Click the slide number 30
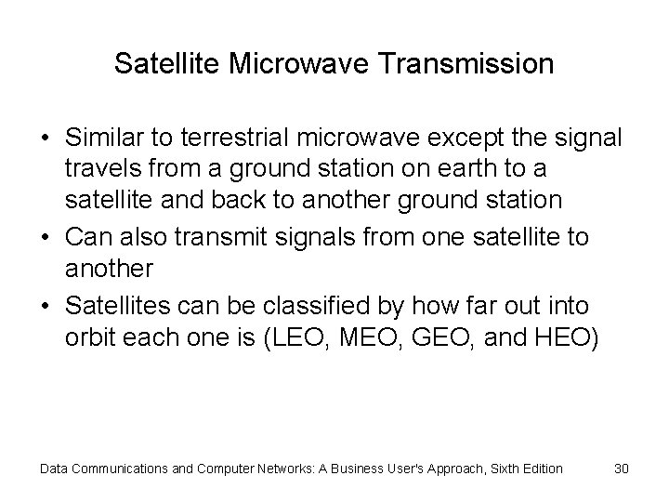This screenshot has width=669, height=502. pyautogui.click(x=622, y=469)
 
